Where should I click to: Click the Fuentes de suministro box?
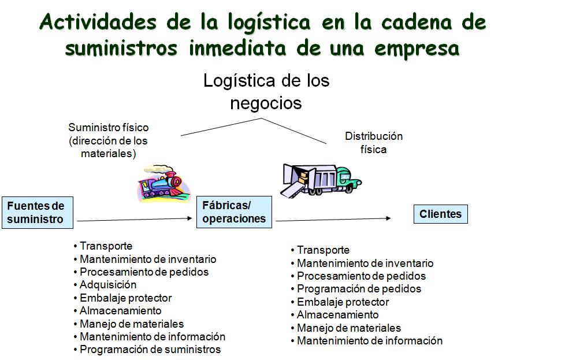tap(37, 213)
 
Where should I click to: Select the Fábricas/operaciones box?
tap(234, 212)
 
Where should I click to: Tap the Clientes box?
tap(440, 214)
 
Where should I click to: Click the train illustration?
tap(159, 184)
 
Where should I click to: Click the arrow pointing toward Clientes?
tap(333, 219)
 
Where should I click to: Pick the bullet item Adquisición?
tap(108, 285)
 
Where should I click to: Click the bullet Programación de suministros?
tap(150, 350)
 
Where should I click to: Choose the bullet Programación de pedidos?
tap(359, 289)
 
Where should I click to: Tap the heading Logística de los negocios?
tap(266, 91)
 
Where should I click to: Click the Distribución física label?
tap(374, 143)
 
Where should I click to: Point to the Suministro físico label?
tap(108, 140)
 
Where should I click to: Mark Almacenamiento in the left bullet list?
tap(120, 311)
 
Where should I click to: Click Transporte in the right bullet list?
tap(323, 250)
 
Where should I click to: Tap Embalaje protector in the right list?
tap(343, 302)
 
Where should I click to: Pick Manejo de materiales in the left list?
tap(132, 324)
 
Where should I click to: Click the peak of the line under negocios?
tap(262, 118)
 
